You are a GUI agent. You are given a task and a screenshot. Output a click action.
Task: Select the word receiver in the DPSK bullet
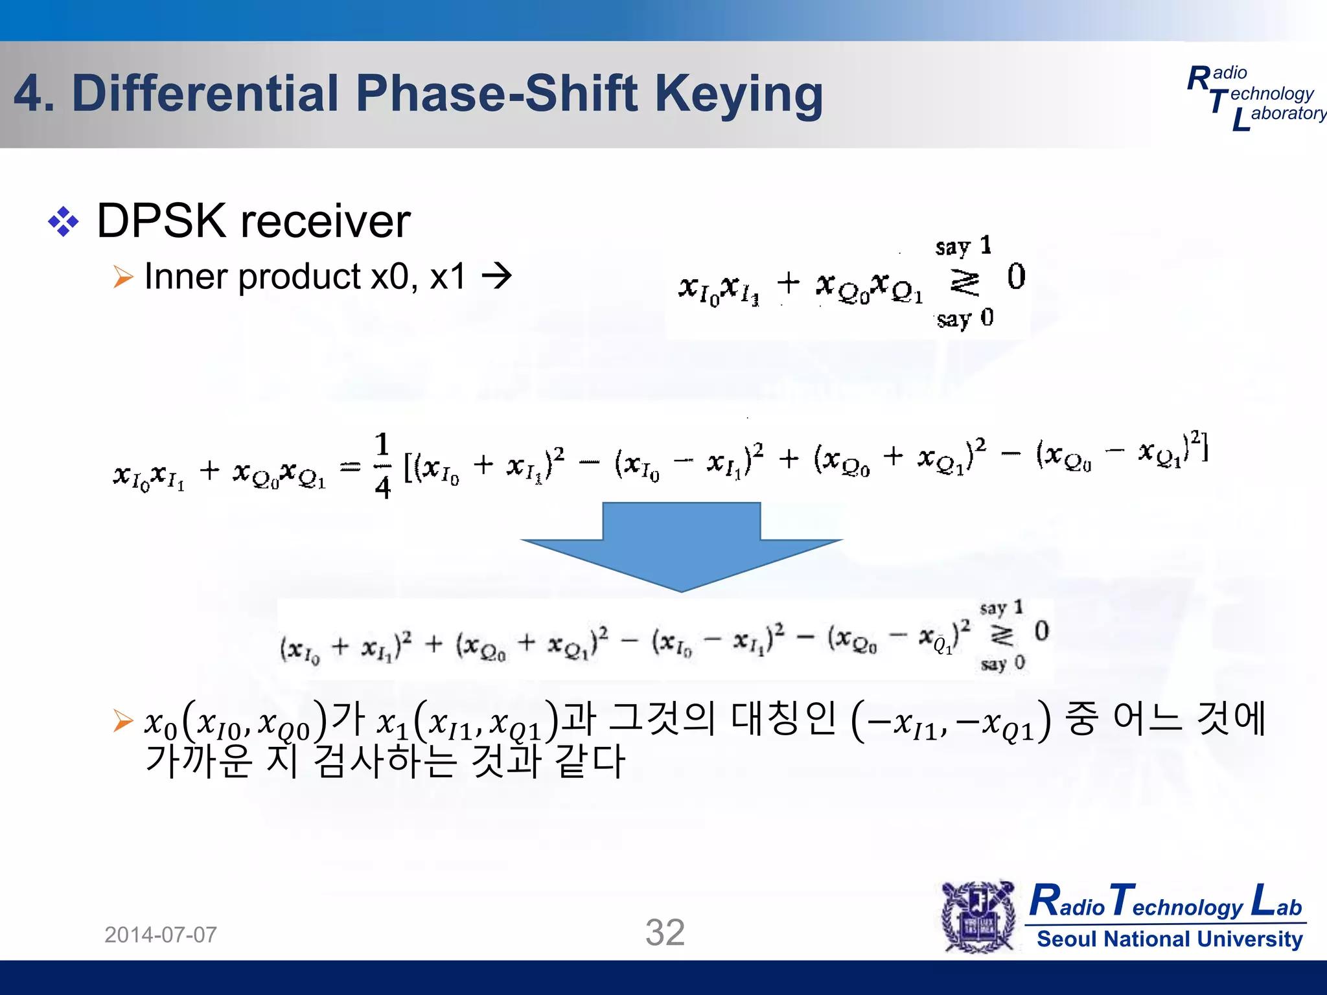(325, 222)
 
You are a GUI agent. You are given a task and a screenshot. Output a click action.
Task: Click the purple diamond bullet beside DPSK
(63, 222)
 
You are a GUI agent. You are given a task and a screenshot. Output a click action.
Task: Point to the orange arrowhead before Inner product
(122, 277)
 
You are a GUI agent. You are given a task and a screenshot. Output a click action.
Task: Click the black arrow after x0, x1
(497, 277)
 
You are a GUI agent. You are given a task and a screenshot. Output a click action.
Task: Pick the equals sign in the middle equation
(351, 466)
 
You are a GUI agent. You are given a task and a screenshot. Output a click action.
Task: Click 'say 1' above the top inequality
(963, 246)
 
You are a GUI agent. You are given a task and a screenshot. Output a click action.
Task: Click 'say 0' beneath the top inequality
(964, 318)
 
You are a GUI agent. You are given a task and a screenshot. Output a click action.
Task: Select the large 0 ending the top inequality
(1016, 277)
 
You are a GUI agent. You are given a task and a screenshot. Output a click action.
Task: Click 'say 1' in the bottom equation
(1001, 608)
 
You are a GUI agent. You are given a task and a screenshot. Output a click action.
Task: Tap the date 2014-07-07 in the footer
(161, 935)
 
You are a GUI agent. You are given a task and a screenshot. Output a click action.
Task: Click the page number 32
(665, 933)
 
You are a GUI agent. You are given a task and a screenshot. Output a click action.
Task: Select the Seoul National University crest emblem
(978, 916)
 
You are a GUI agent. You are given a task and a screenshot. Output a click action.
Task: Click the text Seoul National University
(1170, 939)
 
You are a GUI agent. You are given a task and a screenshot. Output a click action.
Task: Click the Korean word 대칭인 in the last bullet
(783, 719)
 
